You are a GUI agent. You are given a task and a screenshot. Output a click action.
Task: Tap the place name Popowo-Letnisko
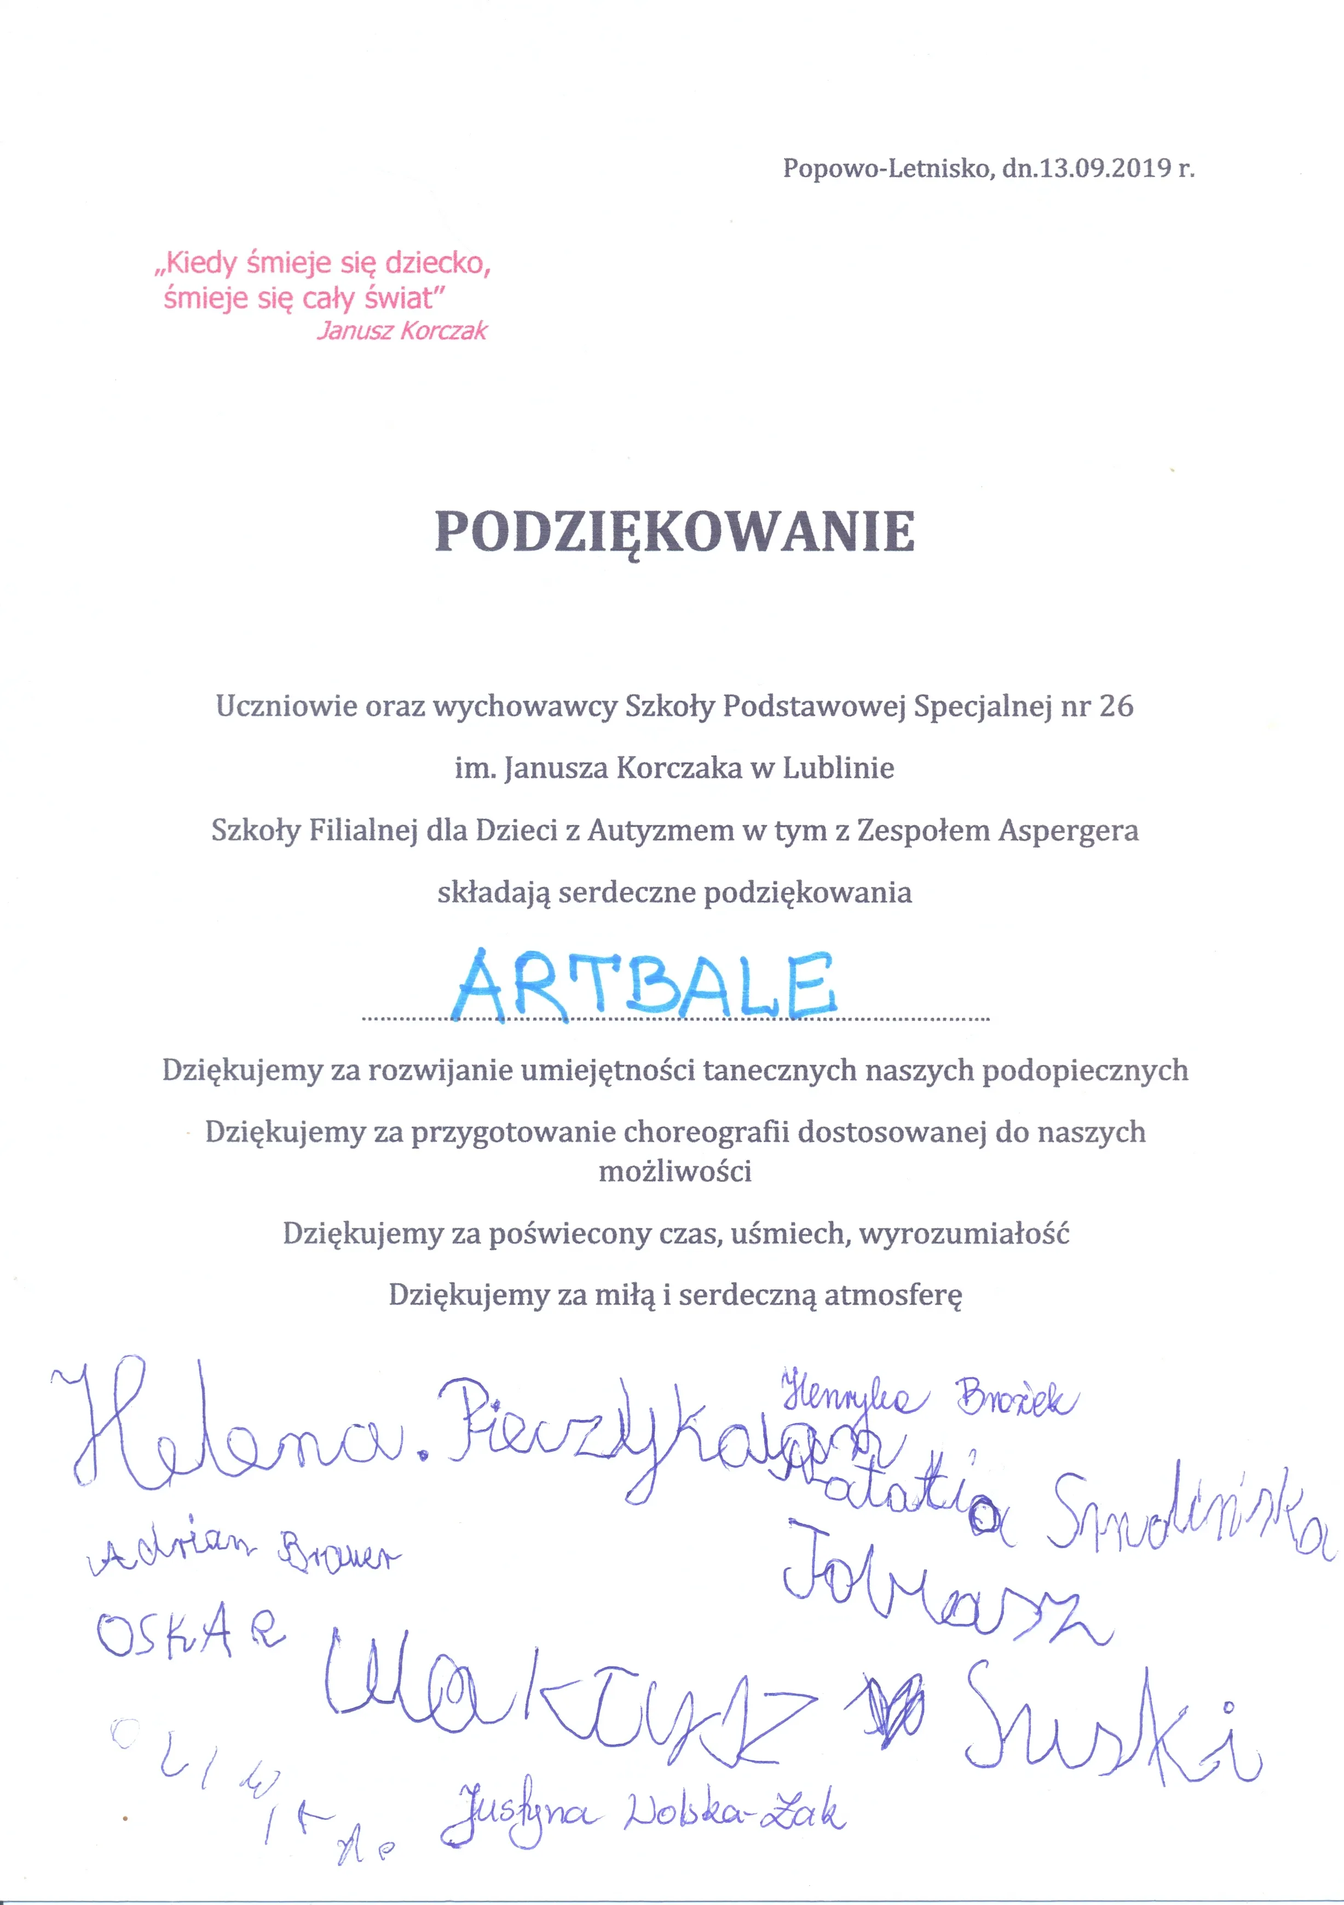(x=886, y=169)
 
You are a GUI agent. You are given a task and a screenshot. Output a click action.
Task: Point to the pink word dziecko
(x=437, y=264)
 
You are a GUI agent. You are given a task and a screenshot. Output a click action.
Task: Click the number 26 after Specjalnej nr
(x=1115, y=706)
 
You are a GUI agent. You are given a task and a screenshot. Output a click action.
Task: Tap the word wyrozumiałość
(x=964, y=1234)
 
